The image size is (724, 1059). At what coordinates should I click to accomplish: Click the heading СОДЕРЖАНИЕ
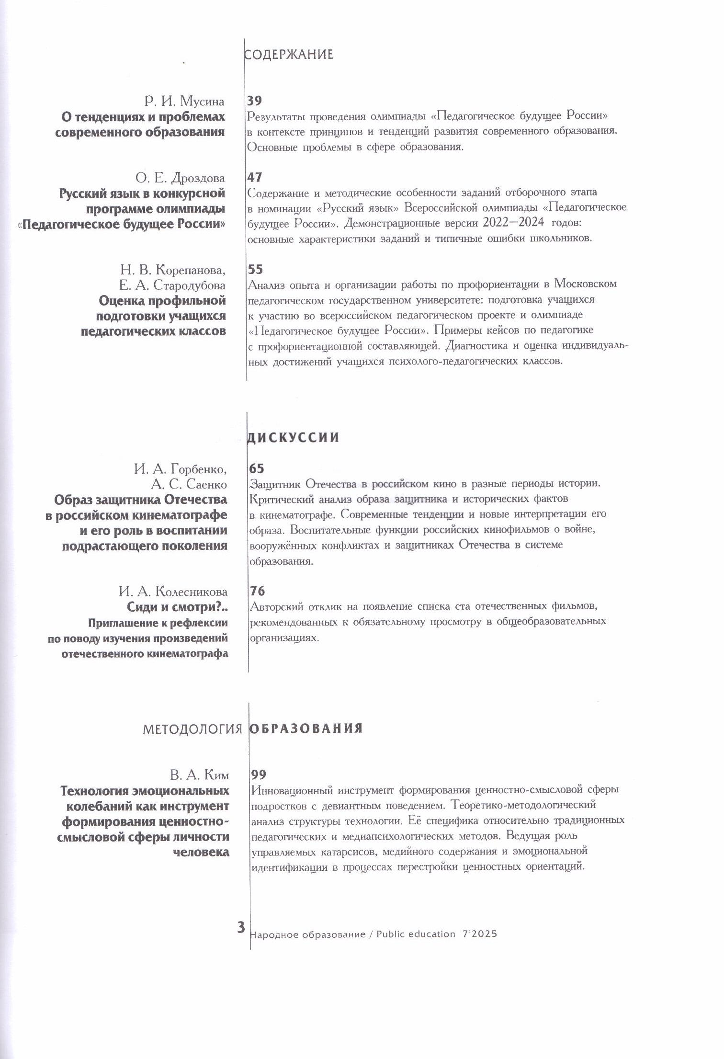click(x=289, y=55)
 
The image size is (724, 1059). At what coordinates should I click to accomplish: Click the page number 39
click(x=255, y=101)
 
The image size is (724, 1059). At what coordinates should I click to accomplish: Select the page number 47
click(x=255, y=177)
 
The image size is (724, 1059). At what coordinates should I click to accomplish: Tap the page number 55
click(x=255, y=269)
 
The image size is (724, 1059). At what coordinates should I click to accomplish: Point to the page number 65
click(x=257, y=468)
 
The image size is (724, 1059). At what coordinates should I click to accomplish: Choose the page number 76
click(x=257, y=591)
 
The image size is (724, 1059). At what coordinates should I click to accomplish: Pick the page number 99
click(x=259, y=774)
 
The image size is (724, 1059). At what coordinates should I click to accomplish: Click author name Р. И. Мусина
click(x=184, y=102)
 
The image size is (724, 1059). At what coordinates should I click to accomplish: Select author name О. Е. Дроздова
click(x=180, y=178)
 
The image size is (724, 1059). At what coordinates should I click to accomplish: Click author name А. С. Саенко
click(x=189, y=484)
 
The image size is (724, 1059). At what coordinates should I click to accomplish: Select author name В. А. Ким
click(x=199, y=775)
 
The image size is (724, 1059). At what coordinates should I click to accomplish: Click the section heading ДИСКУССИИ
click(x=293, y=438)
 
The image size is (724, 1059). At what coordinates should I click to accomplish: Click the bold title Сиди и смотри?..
click(x=177, y=607)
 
